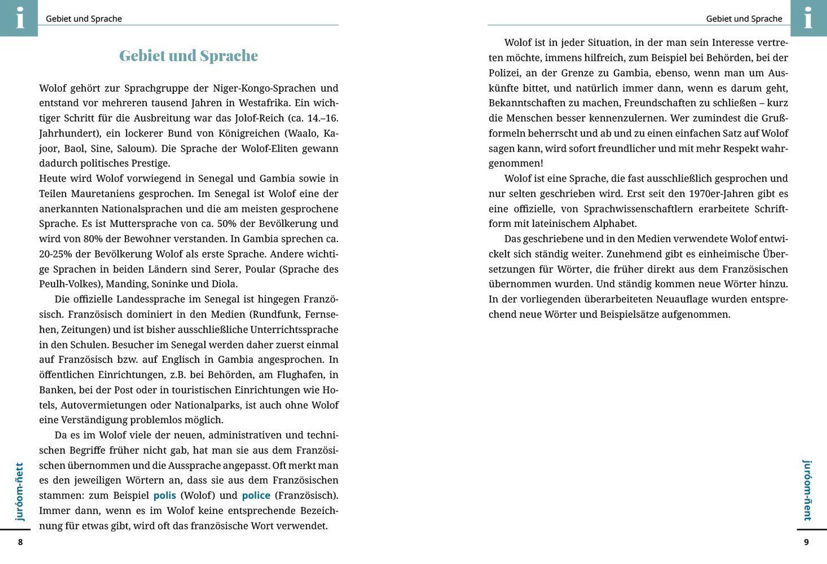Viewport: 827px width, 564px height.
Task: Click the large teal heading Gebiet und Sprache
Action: pos(188,55)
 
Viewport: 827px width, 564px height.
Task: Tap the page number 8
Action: pos(20,542)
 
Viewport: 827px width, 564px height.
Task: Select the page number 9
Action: pos(806,542)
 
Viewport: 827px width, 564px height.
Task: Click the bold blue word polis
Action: pos(165,495)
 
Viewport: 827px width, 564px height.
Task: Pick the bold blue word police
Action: pos(256,495)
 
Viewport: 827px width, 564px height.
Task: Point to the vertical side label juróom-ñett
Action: pos(19,491)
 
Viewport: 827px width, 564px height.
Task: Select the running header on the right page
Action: pos(744,19)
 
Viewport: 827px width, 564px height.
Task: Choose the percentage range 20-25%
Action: pos(56,254)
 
